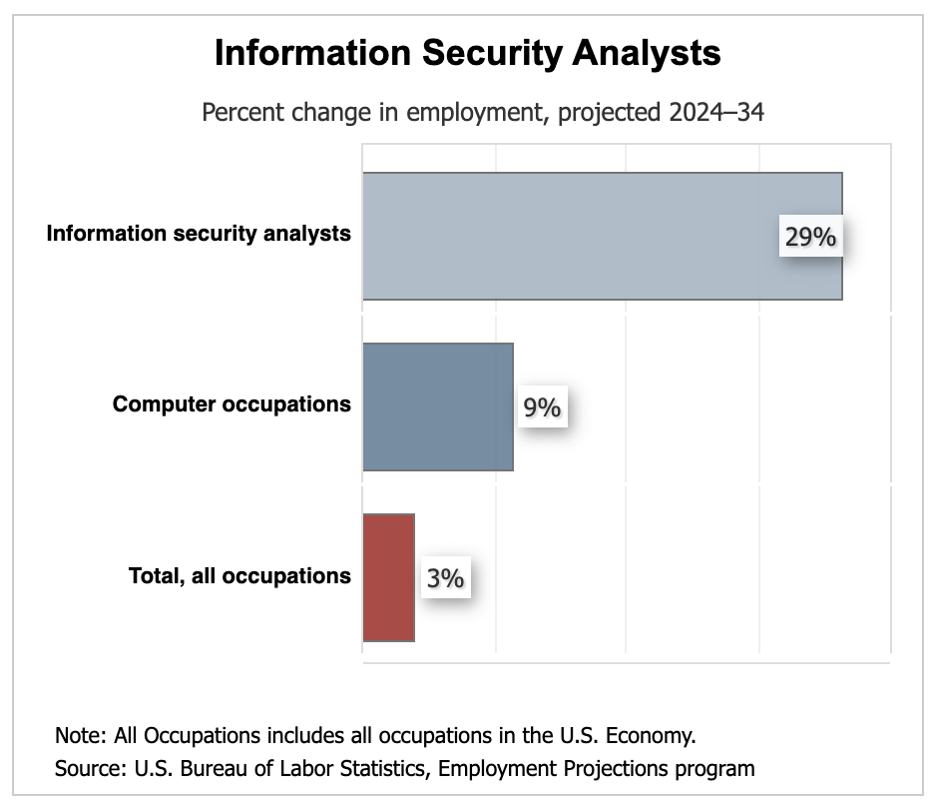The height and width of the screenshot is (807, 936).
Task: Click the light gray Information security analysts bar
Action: pos(569,236)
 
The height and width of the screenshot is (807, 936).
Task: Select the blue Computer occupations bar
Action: pos(437,406)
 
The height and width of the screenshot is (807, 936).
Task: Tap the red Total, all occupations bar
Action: pos(387,577)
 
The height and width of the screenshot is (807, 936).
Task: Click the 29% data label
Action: pos(808,238)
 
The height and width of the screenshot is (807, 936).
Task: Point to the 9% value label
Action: pos(542,408)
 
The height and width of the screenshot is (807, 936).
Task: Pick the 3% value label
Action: pos(445,578)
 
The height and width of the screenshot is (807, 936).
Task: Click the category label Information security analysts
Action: pos(199,234)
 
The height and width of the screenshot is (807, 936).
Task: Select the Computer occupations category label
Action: pos(232,404)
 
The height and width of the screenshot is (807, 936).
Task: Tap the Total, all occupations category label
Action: pos(239,575)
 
